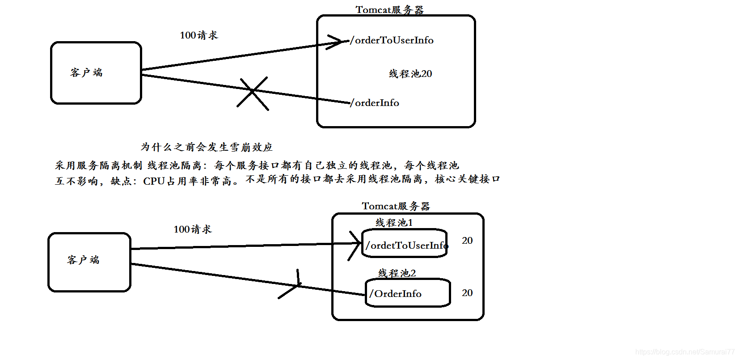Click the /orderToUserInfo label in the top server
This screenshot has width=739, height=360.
392,40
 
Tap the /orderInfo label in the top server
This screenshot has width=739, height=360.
375,103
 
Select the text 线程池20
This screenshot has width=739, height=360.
410,74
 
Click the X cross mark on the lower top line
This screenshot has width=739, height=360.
253,93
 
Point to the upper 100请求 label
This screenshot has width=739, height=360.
198,35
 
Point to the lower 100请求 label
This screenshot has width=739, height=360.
192,229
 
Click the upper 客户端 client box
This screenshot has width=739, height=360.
96,73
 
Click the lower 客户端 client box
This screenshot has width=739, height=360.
89,262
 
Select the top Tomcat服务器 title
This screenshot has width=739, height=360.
389,10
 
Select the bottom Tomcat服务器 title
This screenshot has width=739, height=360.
396,206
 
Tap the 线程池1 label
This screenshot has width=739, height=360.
394,223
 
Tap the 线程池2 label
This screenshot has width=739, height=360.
397,273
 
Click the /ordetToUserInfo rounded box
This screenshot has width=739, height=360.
405,245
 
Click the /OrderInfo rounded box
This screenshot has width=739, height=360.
407,293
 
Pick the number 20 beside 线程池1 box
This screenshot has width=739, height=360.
467,241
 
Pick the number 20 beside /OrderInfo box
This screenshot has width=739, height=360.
467,293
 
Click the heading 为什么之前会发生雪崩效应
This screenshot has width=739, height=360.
207,147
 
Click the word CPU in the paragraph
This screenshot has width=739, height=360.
154,181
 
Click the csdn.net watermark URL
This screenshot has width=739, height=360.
684,352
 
